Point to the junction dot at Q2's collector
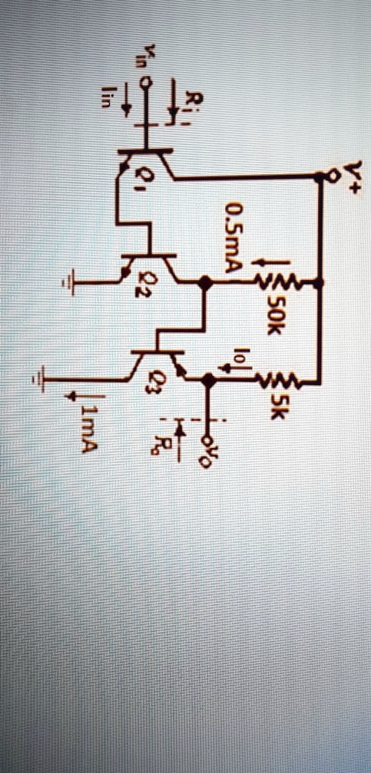[204, 282]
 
